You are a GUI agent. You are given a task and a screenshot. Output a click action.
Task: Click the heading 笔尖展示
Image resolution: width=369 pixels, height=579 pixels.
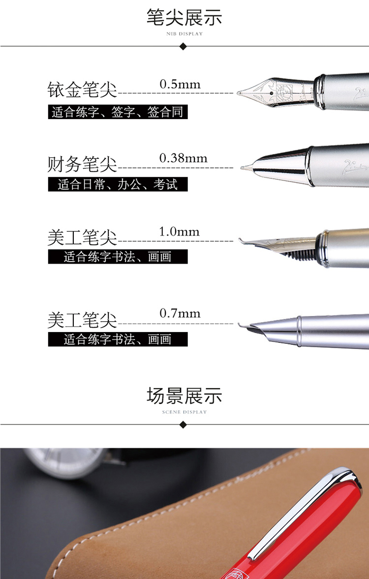point(184,17)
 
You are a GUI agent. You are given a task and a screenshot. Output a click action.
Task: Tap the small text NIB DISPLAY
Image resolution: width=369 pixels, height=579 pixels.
point(184,33)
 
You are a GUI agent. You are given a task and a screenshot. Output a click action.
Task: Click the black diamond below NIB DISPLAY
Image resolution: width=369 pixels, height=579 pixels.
point(183,46)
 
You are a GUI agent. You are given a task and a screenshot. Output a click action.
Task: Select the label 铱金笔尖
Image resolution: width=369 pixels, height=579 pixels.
point(82,90)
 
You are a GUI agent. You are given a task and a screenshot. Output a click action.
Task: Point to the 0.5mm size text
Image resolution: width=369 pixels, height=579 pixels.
point(180,84)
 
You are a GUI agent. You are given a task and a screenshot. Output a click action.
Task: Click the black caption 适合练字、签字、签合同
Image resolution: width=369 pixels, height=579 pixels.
point(118,112)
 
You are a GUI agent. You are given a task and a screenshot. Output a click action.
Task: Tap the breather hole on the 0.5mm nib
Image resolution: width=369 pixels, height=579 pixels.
point(272,93)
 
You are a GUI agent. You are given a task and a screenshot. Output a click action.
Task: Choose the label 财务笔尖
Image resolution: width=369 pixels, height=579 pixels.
point(82,164)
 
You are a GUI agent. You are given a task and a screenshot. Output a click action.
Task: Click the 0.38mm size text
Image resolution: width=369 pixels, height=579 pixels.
point(183,158)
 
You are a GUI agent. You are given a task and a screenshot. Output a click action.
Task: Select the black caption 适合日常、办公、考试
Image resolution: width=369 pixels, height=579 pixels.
point(118,184)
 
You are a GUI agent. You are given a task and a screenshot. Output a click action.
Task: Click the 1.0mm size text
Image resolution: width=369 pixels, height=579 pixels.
point(179,232)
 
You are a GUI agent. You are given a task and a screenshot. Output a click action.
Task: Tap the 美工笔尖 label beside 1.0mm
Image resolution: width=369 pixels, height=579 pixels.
point(82,237)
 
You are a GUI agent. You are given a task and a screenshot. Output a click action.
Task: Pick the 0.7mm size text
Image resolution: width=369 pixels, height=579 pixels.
point(180,313)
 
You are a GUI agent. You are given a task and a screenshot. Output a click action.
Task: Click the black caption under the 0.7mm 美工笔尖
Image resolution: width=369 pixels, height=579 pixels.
point(118,339)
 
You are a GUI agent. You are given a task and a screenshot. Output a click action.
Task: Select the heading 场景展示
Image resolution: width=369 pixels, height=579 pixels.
point(184,396)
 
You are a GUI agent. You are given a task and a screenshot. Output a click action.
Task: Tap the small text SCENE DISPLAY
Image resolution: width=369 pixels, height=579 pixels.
point(184,412)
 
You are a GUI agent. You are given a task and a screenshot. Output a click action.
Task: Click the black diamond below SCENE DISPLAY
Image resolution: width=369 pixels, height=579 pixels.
point(183,425)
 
